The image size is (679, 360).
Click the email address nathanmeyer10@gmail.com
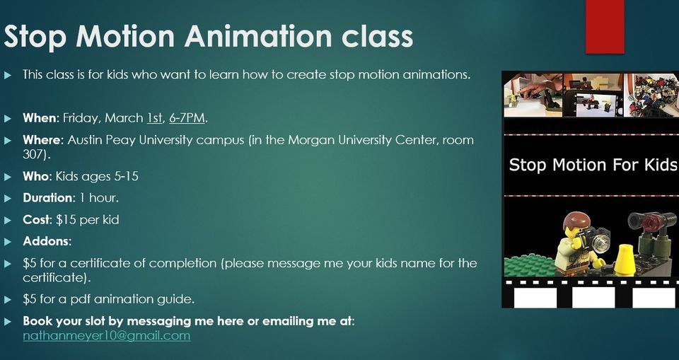pos(106,335)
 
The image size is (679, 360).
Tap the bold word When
pos(39,117)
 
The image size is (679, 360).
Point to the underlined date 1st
pos(154,117)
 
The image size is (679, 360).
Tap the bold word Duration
pos(47,198)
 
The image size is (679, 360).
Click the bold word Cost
pos(36,220)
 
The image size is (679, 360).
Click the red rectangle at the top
pos(605,25)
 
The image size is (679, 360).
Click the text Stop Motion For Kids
pos(593,166)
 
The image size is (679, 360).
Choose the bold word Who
pos(35,176)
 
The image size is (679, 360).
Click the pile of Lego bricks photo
pos(650,95)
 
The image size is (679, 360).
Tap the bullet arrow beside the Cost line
pos(8,220)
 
